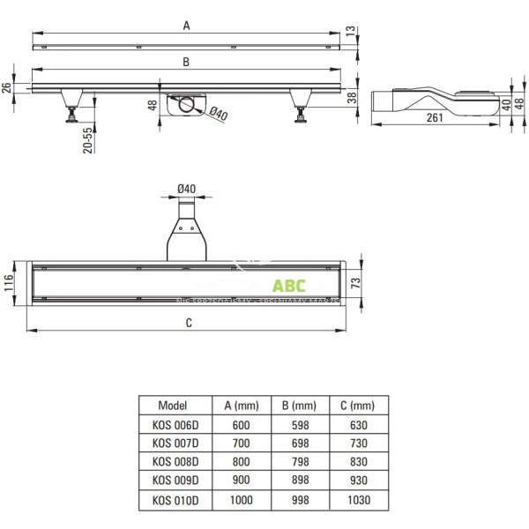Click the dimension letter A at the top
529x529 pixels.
point(186,26)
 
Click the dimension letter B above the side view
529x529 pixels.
point(186,62)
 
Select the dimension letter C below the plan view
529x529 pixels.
point(189,323)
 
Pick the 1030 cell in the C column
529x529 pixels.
point(355,499)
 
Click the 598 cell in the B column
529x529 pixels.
point(299,424)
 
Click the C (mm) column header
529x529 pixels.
point(355,406)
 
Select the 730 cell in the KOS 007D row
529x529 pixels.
point(355,443)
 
